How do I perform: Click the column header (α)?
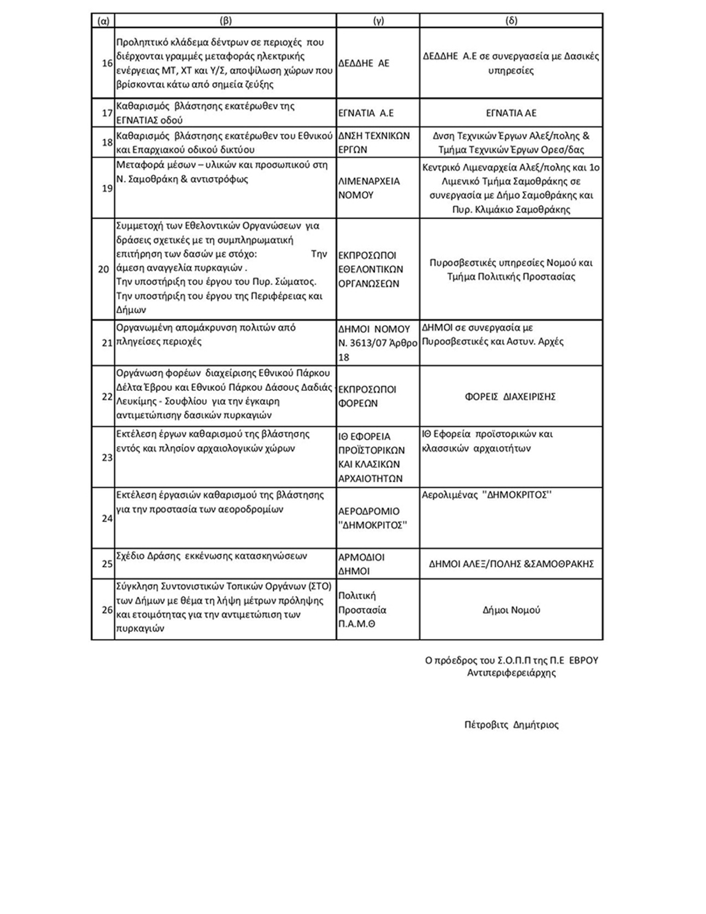pos(103,21)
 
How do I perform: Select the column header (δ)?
pos(511,21)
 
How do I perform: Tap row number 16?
pos(107,63)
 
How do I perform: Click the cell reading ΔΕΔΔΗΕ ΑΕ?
pos(364,63)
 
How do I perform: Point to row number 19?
pos(107,188)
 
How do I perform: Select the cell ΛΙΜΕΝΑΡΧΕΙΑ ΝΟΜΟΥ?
pos(369,188)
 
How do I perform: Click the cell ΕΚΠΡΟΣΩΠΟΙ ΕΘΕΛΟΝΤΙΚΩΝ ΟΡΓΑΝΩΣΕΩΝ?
pos(371,269)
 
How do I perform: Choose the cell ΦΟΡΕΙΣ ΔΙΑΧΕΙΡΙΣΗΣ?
pos(510,396)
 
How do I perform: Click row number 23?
pos(107,458)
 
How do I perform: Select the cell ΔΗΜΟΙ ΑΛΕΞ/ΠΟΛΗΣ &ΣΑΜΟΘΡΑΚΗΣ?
pos(511,564)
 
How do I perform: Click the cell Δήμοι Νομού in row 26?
pos(511,610)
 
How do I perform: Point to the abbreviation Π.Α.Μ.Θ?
pos(357,624)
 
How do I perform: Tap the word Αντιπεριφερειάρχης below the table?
pos(511,672)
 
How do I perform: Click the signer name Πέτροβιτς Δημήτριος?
pos(511,725)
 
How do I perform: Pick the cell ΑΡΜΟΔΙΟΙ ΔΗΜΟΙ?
pos(362,564)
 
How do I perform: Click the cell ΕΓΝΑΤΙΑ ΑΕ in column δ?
pos(511,113)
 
